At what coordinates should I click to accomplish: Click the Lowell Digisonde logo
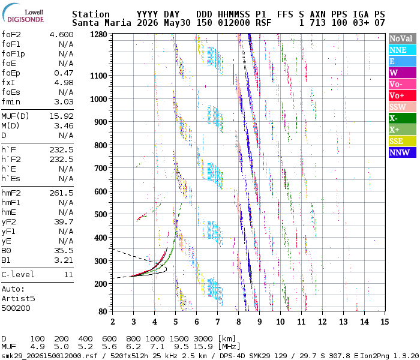click(23, 13)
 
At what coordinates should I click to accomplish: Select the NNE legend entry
click(403, 50)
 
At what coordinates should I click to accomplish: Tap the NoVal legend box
click(403, 38)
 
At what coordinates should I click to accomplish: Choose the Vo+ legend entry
click(403, 95)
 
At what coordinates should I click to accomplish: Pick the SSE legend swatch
click(403, 141)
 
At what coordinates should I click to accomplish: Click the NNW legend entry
click(403, 152)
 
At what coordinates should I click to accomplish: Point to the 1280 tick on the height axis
click(98, 35)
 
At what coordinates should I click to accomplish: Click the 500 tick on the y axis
click(101, 214)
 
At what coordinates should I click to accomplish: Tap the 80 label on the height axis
click(103, 311)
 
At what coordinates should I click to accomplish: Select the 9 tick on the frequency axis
click(260, 322)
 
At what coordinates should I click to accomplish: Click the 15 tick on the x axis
click(385, 322)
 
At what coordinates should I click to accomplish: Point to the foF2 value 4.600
click(61, 35)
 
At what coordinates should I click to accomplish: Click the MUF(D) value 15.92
click(61, 116)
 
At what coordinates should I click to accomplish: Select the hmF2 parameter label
click(11, 193)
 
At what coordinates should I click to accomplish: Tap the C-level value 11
click(68, 274)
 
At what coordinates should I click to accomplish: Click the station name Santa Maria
click(101, 23)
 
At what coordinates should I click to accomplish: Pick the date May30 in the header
click(177, 23)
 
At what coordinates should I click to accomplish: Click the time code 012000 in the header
click(234, 23)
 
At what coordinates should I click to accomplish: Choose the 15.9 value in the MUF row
click(203, 347)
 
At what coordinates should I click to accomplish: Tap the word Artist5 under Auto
click(18, 298)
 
